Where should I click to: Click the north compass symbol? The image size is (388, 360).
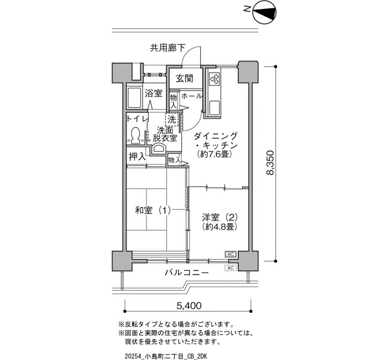(264, 13)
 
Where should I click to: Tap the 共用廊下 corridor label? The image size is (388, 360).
(168, 48)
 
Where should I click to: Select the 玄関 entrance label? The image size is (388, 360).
(185, 79)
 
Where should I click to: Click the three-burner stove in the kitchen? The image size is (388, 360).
(215, 79)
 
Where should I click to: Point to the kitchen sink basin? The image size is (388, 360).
(215, 108)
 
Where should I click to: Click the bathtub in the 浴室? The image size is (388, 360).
(134, 97)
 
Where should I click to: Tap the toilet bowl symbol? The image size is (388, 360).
(135, 135)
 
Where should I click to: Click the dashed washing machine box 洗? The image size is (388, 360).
(171, 120)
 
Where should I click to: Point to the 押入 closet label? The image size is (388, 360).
(137, 157)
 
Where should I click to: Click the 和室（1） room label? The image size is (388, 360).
(152, 210)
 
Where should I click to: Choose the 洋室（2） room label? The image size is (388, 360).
(219, 218)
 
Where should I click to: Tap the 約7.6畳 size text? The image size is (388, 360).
(215, 155)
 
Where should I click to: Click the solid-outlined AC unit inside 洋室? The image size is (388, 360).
(231, 254)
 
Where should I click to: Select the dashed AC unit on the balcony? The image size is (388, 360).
(231, 268)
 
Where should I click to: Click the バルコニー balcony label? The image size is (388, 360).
(187, 273)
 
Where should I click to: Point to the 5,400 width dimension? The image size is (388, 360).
(189, 306)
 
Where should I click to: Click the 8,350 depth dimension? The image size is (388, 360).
(270, 162)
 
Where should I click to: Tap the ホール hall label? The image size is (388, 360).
(192, 96)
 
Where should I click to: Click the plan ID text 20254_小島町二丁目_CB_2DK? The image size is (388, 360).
(166, 356)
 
